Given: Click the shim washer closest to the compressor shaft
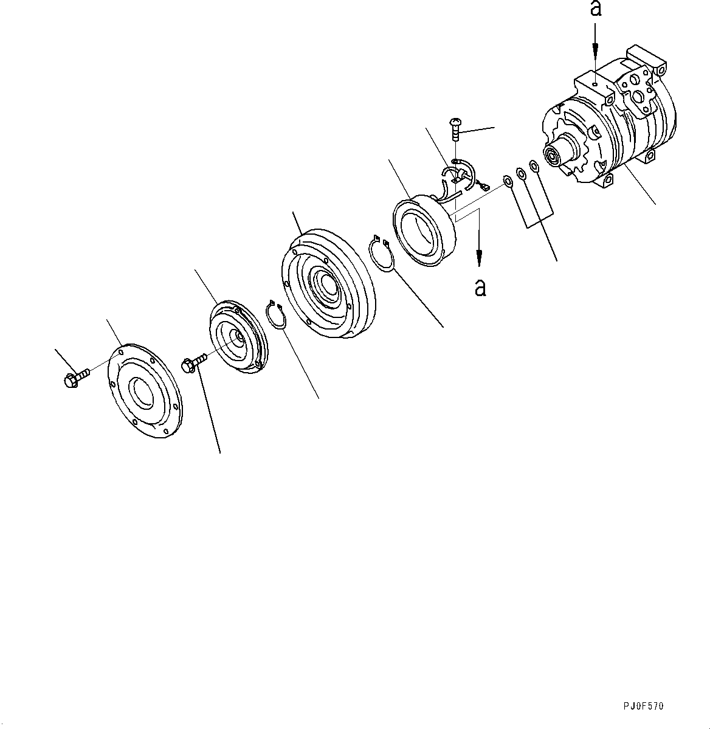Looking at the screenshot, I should click(533, 166).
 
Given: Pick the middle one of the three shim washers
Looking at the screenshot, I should click(520, 173).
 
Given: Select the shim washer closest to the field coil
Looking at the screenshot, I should click(507, 180).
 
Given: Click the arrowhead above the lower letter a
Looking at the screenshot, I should click(480, 260).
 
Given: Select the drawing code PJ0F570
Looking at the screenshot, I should click(643, 706).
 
